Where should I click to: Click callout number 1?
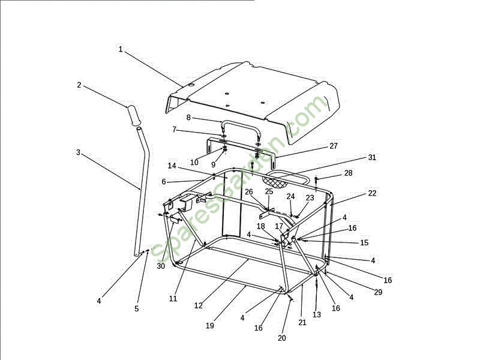[121, 49]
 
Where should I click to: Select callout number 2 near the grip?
[79, 85]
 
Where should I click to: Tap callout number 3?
[78, 152]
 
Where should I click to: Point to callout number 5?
[137, 308]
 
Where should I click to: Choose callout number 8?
[188, 118]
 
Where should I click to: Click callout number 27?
[334, 146]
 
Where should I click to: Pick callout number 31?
[371, 158]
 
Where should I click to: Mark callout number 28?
[348, 173]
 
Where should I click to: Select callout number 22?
[372, 193]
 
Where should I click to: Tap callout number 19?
[209, 326]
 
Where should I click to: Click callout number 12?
[199, 305]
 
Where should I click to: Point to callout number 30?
[161, 266]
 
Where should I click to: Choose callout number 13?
[317, 314]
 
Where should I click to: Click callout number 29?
[377, 292]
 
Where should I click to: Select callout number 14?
[172, 166]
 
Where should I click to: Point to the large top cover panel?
[252, 96]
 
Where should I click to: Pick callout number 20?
[282, 338]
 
